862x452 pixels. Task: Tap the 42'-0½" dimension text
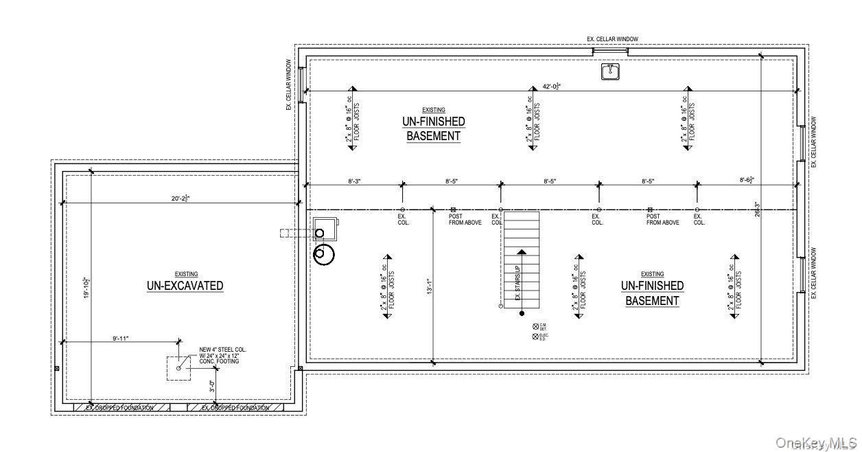553,87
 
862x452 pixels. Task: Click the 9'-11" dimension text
120,338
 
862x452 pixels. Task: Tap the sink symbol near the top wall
610,71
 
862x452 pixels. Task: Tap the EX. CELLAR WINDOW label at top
616,40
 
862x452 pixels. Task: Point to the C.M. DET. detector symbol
535,326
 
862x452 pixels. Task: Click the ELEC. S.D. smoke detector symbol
535,336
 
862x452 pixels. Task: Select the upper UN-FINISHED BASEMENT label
433,128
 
